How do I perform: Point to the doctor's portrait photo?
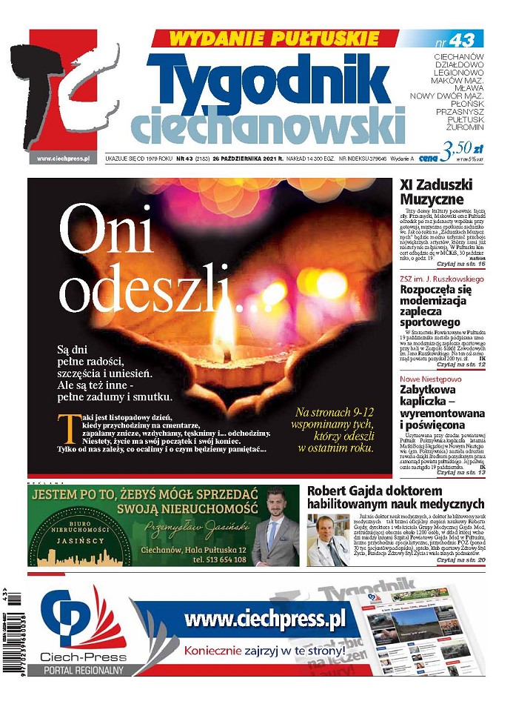point(328,541)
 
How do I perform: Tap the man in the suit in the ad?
point(275,528)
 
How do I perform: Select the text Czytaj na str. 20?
point(460,561)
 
